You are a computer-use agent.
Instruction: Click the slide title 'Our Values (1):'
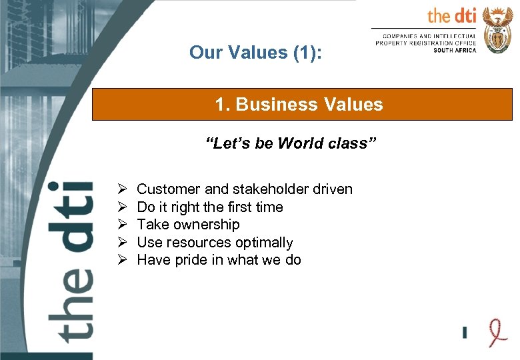click(x=255, y=52)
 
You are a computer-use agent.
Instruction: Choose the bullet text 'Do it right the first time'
click(x=209, y=207)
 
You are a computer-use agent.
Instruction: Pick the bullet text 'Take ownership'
click(x=187, y=225)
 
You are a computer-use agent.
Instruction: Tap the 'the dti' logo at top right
click(x=451, y=16)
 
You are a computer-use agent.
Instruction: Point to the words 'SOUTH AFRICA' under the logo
click(x=455, y=51)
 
